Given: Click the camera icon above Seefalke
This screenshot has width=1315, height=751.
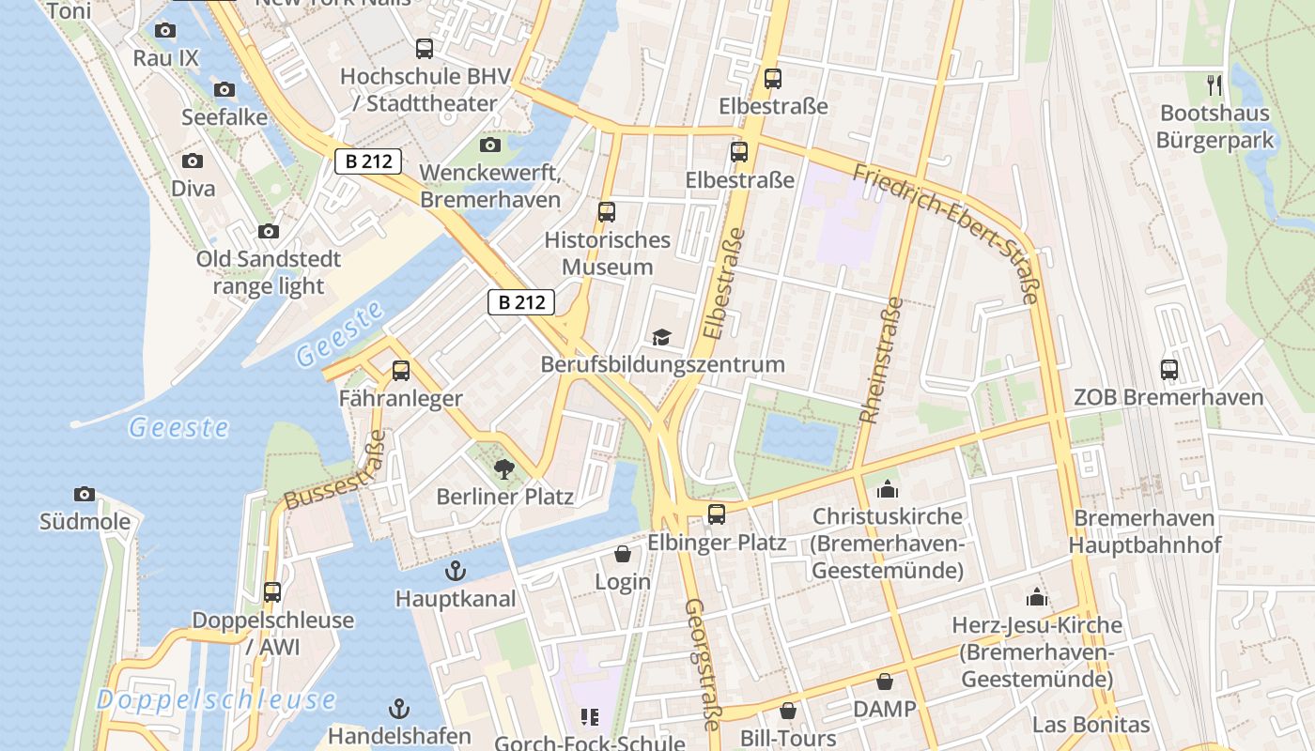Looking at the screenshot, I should pyautogui.click(x=224, y=90).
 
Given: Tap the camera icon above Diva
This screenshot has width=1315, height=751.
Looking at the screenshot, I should pyautogui.click(x=193, y=161).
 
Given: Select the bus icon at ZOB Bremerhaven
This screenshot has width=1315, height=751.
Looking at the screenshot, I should pyautogui.click(x=1169, y=370).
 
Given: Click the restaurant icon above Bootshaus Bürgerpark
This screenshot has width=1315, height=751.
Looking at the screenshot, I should pyautogui.click(x=1215, y=85).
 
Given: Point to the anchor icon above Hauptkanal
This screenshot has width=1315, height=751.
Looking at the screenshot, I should pyautogui.click(x=456, y=571).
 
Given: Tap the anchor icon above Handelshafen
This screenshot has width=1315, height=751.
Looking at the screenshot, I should pyautogui.click(x=400, y=709).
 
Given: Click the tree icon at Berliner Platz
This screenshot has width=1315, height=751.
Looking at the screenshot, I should pyautogui.click(x=504, y=469).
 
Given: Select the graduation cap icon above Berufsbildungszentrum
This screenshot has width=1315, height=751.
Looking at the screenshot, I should pyautogui.click(x=662, y=337).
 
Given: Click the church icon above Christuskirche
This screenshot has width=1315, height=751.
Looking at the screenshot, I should pyautogui.click(x=887, y=489).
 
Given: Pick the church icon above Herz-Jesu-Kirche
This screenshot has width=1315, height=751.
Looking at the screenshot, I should pyautogui.click(x=1036, y=597).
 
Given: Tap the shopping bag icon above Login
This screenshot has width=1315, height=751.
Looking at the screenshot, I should pyautogui.click(x=622, y=555).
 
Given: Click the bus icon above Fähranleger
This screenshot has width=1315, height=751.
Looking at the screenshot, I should pyautogui.click(x=401, y=371).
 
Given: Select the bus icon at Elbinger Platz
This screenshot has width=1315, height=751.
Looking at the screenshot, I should pyautogui.click(x=717, y=514).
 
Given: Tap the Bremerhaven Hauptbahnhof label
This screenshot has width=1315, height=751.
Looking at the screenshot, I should pyautogui.click(x=1144, y=531).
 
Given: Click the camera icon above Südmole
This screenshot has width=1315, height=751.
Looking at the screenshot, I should pyautogui.click(x=85, y=495).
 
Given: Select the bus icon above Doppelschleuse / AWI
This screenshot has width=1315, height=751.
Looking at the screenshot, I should pyautogui.click(x=272, y=592).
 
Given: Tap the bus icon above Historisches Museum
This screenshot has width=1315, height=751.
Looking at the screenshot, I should pyautogui.click(x=607, y=212).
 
